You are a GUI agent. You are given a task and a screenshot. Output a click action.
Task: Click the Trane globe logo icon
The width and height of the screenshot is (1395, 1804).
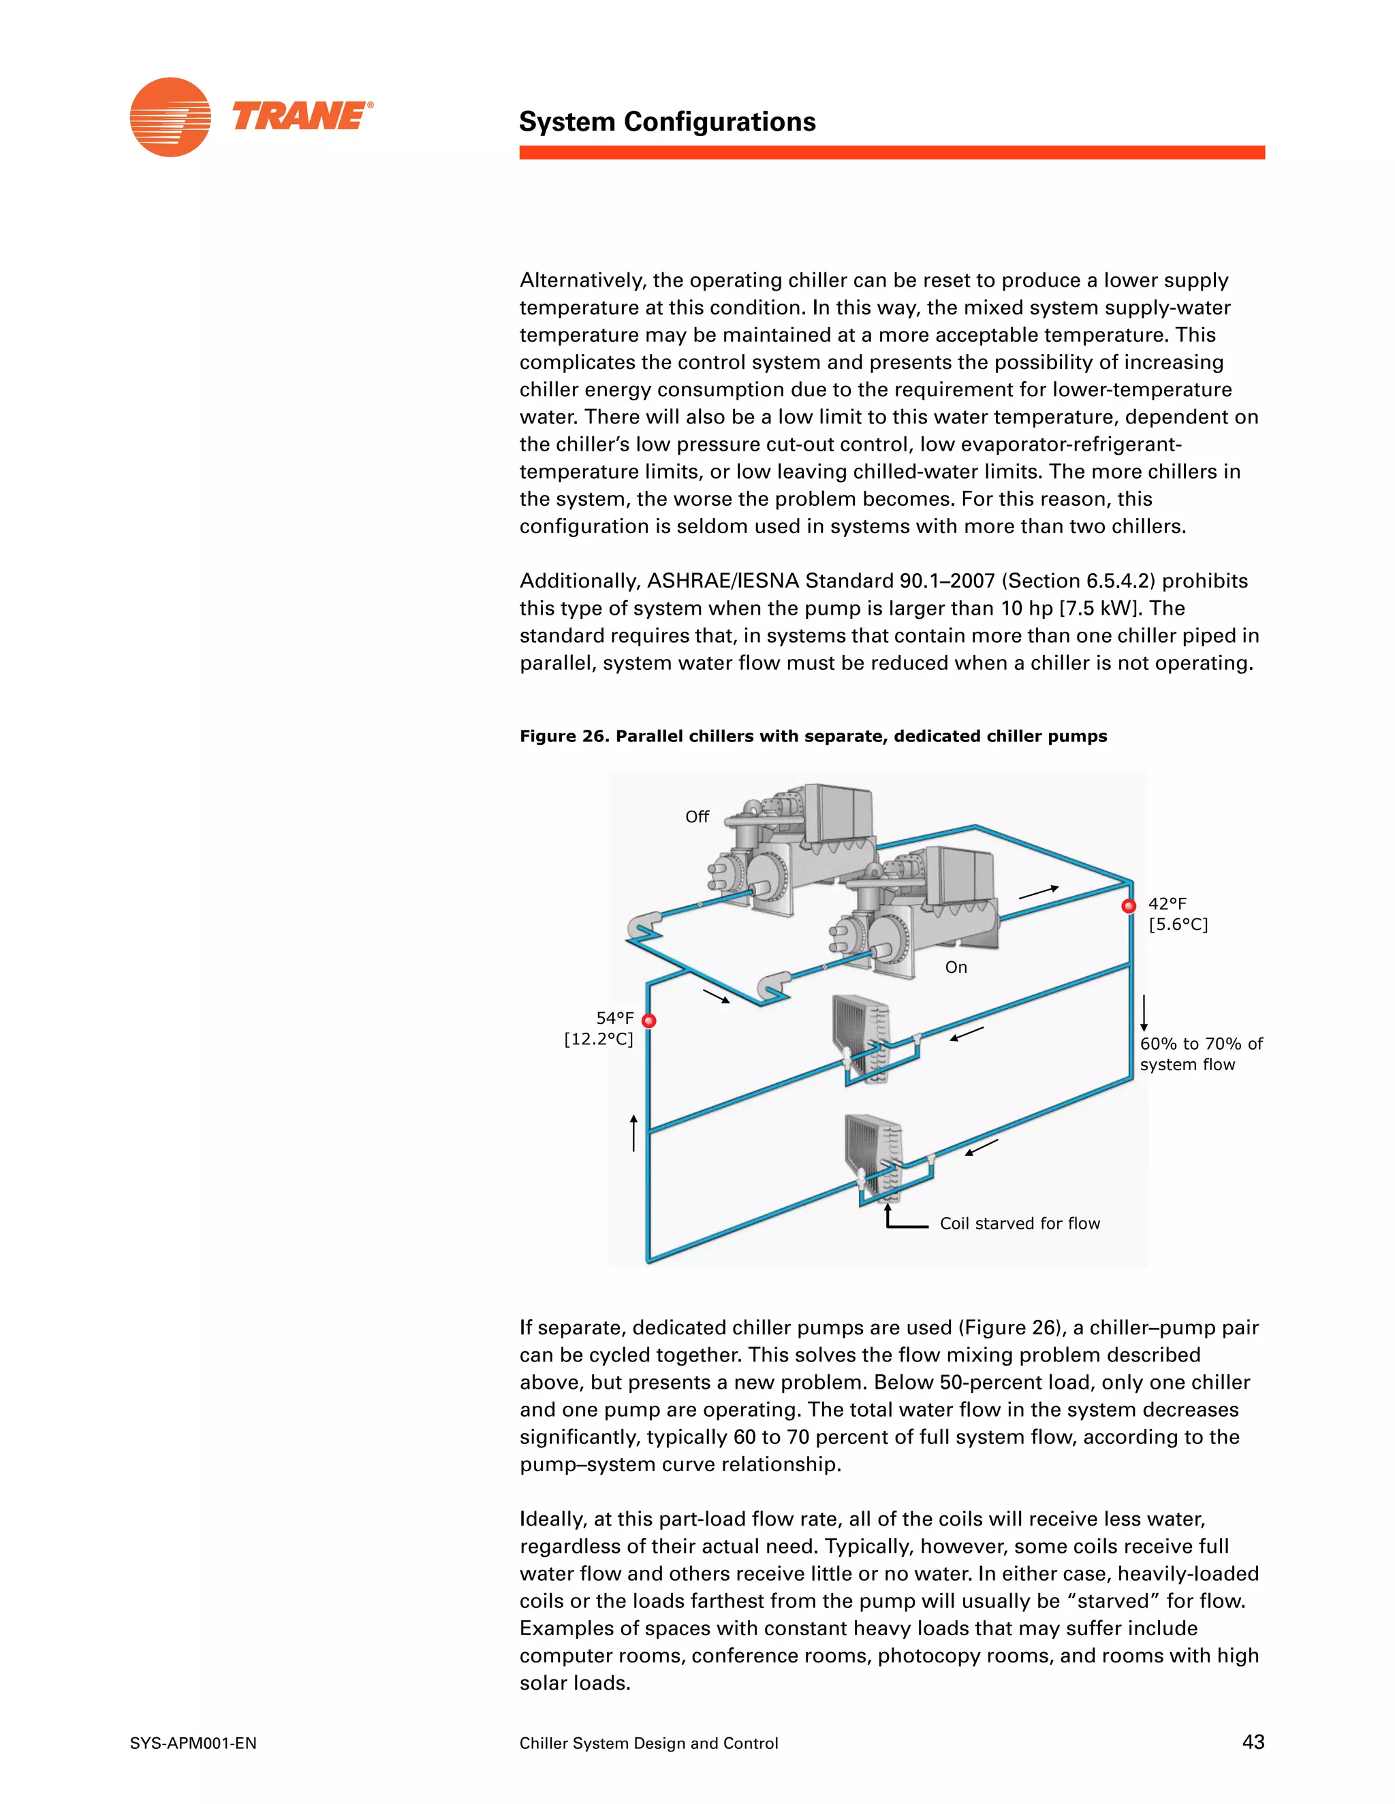click(x=170, y=116)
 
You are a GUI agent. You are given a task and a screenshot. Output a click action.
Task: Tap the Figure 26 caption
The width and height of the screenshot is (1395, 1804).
click(x=813, y=736)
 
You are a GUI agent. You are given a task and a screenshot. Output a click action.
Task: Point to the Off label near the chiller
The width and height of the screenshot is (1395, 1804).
click(x=697, y=816)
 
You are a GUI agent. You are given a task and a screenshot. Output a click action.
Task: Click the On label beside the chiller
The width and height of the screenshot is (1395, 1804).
click(x=956, y=967)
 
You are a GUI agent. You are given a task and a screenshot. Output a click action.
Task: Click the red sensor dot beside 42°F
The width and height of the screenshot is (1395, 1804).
click(x=1128, y=906)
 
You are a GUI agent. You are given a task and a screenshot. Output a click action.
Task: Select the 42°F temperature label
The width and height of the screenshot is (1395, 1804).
click(x=1167, y=903)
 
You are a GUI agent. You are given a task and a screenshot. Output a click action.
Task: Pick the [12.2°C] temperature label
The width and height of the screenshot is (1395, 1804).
click(x=598, y=1039)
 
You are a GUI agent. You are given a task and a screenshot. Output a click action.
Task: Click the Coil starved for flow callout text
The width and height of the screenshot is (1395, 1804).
click(x=1019, y=1223)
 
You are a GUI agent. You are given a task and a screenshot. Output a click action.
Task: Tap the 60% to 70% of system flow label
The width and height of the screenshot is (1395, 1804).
click(x=1200, y=1054)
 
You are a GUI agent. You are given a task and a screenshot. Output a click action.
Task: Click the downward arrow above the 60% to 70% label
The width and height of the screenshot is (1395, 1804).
click(x=1144, y=1013)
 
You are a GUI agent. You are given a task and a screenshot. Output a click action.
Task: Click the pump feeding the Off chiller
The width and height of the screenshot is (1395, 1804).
click(x=644, y=925)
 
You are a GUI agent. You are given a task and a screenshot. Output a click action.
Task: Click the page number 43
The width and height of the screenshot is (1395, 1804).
click(x=1253, y=1741)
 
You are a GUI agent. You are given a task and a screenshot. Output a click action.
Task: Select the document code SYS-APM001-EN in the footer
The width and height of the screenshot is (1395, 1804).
click(x=193, y=1743)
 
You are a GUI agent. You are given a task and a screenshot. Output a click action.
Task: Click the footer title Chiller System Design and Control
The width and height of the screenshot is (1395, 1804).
click(x=648, y=1743)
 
